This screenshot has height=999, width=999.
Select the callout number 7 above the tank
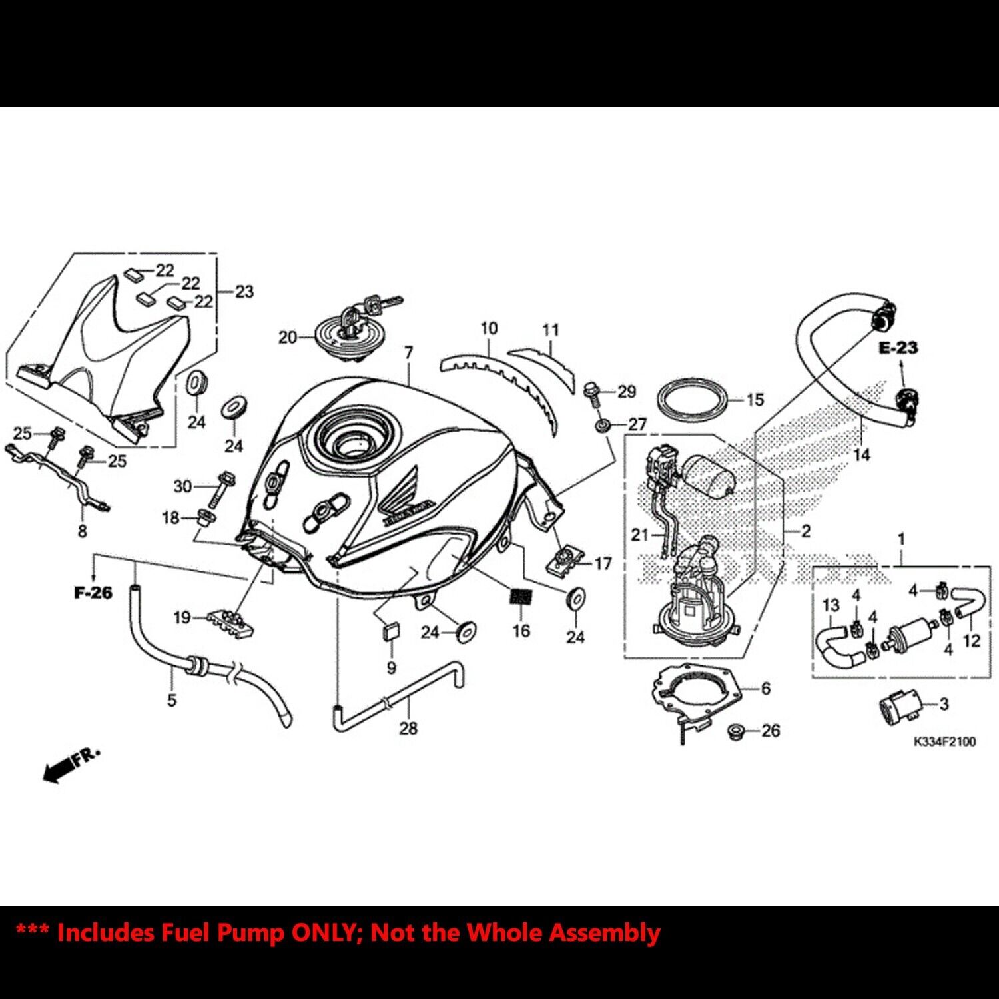(x=408, y=352)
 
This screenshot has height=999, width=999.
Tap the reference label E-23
(x=898, y=348)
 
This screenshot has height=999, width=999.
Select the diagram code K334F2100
(x=944, y=741)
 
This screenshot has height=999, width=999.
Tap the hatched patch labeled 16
(x=521, y=597)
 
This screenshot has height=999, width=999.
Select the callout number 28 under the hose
(x=408, y=728)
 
